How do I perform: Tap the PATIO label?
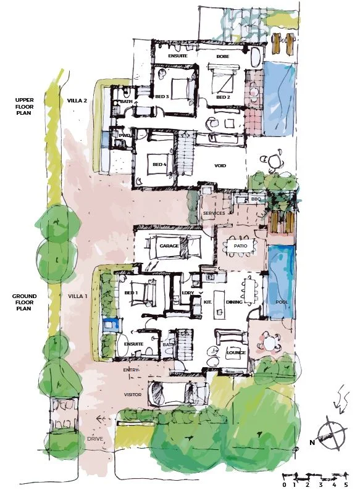click(x=237, y=246)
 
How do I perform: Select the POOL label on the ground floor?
click(x=282, y=302)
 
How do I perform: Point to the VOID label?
click(x=221, y=166)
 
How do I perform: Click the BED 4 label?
click(x=159, y=164)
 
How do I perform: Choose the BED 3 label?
click(x=162, y=97)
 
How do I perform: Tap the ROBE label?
click(x=223, y=57)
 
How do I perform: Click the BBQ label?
click(x=256, y=199)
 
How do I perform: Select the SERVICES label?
click(x=214, y=214)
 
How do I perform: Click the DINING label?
click(x=234, y=302)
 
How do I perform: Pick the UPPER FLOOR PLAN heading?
click(x=26, y=107)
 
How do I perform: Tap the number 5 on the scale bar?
click(x=348, y=485)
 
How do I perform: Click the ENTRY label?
click(x=132, y=370)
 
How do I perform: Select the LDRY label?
click(x=188, y=293)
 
